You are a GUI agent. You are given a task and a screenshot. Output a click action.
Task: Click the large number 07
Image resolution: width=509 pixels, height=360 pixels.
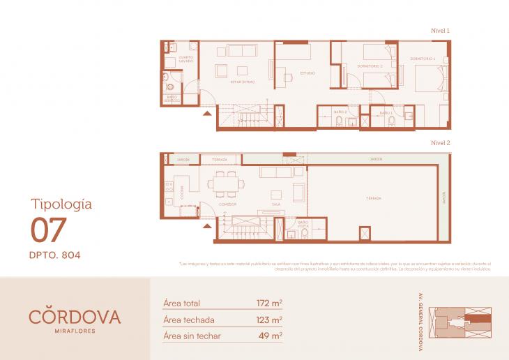[49, 230]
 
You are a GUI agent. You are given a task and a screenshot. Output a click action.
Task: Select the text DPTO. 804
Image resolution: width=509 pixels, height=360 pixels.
[55, 255]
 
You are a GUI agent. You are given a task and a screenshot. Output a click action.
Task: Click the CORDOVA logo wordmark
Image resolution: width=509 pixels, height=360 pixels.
[75, 317]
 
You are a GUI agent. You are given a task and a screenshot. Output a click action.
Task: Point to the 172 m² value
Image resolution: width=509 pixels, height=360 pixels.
[269, 303]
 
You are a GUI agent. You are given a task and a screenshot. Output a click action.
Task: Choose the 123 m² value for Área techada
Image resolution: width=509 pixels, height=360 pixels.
[269, 320]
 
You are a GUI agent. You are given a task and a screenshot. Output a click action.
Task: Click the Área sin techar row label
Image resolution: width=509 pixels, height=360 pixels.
[192, 336]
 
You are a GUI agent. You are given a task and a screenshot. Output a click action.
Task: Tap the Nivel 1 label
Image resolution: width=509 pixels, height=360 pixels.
[441, 31]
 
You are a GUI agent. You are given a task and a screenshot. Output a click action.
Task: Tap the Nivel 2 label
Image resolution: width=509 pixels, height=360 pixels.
[441, 142]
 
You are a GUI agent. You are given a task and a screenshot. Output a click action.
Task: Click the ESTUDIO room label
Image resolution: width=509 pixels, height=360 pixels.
[307, 73]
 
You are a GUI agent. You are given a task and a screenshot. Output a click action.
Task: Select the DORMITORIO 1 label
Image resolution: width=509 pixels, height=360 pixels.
[423, 58]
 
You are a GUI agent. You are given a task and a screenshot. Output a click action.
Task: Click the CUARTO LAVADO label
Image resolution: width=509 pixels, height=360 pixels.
[186, 59]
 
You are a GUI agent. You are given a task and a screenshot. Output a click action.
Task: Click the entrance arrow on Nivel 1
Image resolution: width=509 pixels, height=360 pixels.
[207, 112]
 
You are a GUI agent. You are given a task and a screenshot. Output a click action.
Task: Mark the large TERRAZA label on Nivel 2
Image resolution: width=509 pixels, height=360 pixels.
[374, 198]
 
